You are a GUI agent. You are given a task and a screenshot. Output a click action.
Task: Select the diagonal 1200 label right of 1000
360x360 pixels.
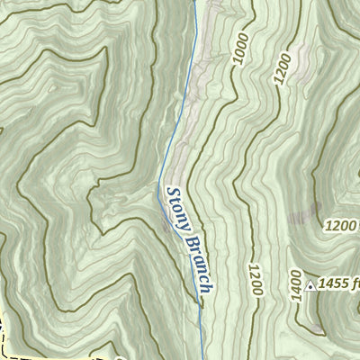(283, 68)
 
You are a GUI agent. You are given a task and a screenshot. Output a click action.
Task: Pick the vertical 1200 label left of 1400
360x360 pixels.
(255, 283)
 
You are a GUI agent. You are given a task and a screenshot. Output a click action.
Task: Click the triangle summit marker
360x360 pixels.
(310, 286)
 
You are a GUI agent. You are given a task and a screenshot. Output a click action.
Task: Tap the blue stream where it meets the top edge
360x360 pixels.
(194, 2)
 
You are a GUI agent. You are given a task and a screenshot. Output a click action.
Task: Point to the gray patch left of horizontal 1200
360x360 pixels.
(304, 216)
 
